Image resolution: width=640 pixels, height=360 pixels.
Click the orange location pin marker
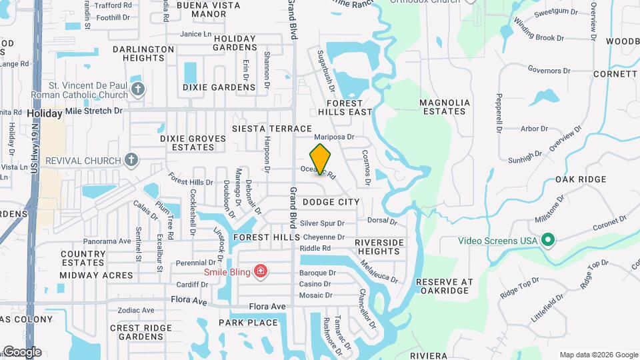point(321,159)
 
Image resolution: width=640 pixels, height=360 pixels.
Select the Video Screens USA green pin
point(548,239)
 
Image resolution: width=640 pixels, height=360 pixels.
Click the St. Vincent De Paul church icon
point(138,89)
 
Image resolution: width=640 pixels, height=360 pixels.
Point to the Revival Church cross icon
point(131,160)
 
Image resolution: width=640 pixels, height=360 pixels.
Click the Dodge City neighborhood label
point(331,201)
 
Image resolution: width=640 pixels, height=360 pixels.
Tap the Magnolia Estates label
point(444,107)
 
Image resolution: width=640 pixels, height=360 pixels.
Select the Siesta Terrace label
point(272,128)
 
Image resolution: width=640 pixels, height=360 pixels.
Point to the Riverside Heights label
point(379,247)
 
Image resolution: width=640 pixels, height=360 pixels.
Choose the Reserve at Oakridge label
point(444,286)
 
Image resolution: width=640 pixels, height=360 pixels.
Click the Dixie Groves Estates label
point(193,143)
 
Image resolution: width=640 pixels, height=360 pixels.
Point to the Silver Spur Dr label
point(322,223)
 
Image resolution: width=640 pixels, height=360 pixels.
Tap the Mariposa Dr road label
point(333,137)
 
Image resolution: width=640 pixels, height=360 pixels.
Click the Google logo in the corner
point(22,352)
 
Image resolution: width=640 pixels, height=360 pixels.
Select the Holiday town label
point(45,114)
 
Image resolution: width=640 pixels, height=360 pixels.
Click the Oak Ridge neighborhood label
point(581,179)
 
